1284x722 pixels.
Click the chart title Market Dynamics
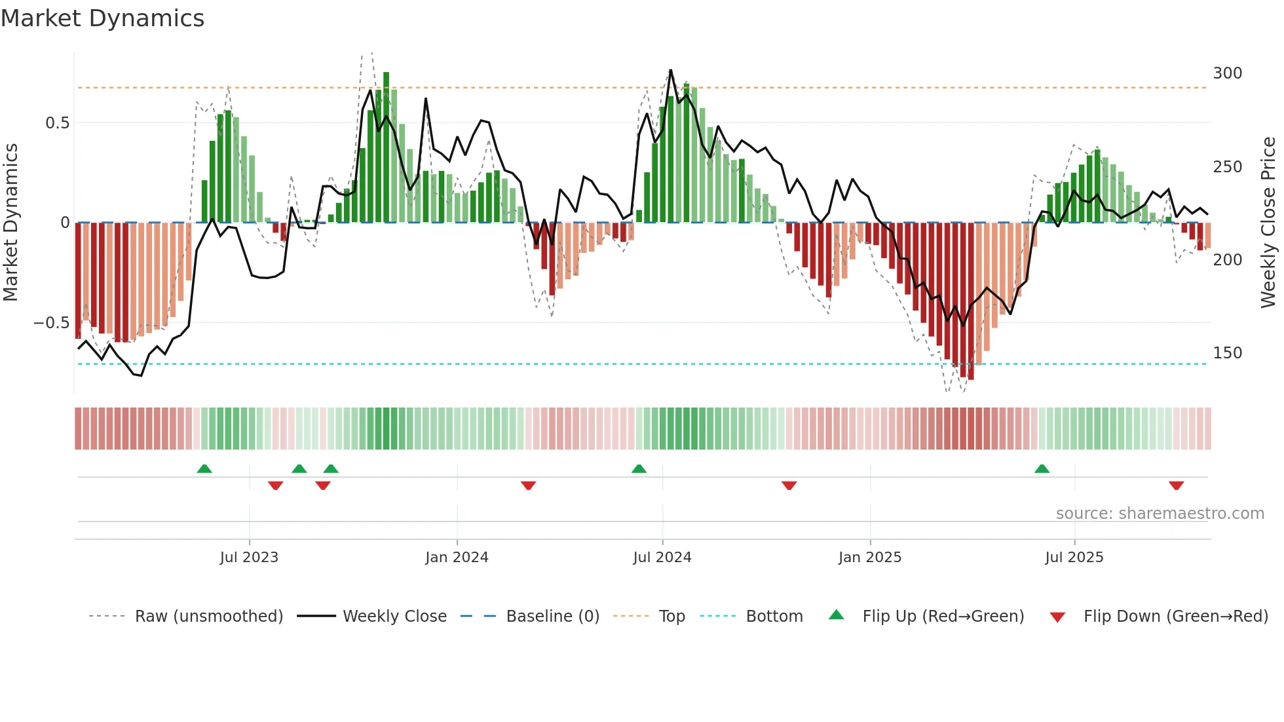click(102, 18)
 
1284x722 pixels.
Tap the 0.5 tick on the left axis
click(57, 123)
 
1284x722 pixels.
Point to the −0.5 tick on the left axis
click(51, 323)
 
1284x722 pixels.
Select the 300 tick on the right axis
click(1227, 73)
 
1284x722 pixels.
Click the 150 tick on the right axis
click(1227, 353)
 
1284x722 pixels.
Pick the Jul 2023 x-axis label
click(249, 558)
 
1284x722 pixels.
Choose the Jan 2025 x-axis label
click(869, 558)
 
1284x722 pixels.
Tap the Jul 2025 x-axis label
click(1074, 558)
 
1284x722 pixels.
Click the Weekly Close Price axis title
click(1268, 223)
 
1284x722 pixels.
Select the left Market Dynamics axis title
click(10, 223)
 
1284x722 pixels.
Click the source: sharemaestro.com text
click(1160, 514)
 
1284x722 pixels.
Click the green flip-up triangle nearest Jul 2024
click(639, 468)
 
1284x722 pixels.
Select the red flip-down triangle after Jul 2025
click(1176, 485)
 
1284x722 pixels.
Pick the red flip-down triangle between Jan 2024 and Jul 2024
click(528, 485)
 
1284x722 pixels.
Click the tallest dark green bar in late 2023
click(387, 147)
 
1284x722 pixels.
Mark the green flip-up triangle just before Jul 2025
click(1042, 468)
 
